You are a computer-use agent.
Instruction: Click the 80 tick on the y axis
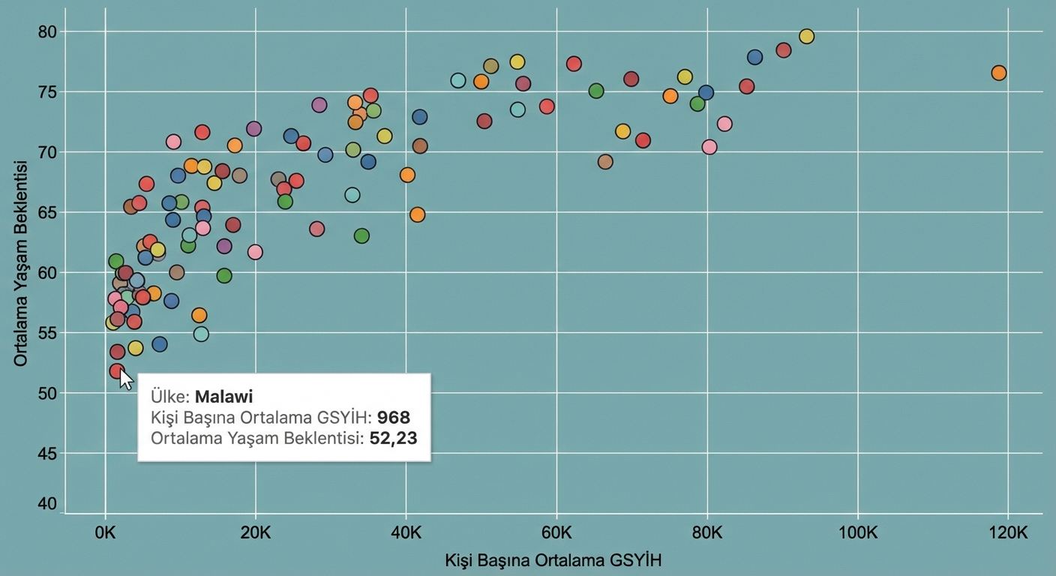tap(47, 31)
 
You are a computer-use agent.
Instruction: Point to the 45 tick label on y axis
tap(47, 453)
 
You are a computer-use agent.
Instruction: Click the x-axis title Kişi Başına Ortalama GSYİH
tap(553, 560)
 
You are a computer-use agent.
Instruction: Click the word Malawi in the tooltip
tap(224, 397)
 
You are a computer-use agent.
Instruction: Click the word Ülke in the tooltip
tap(169, 397)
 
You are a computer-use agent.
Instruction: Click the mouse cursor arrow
tap(126, 379)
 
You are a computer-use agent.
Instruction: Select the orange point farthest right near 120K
tap(998, 73)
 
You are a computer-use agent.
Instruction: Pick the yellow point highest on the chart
tap(806, 37)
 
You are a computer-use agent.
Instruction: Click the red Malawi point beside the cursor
tap(117, 371)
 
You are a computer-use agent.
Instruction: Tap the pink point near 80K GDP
tap(709, 147)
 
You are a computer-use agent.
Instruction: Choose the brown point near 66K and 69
tap(605, 162)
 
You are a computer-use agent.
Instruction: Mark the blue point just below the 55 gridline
tap(159, 344)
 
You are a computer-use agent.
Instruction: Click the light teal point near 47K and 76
tap(458, 80)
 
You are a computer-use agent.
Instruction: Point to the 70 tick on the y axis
tap(47, 152)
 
